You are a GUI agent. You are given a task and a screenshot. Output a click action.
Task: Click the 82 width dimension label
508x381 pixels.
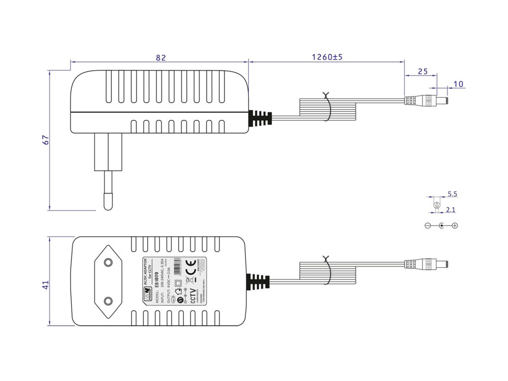coord(161,58)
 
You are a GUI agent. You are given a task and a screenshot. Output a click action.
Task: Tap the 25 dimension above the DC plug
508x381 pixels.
coord(422,72)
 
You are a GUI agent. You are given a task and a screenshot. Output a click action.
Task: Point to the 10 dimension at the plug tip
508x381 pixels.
coord(458,84)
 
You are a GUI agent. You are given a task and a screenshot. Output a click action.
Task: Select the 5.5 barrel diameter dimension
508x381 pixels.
coord(453,194)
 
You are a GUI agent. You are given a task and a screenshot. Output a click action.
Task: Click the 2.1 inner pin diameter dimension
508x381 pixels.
coord(450,209)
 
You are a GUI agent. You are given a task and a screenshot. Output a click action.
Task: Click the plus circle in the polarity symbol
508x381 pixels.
coord(455,226)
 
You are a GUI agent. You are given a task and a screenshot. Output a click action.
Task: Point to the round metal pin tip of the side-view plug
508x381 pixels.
coord(108,202)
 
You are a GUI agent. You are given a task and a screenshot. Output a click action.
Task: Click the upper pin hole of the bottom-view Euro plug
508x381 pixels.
coord(108,262)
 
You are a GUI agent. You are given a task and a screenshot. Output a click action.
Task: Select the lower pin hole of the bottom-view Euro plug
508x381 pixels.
coord(108,301)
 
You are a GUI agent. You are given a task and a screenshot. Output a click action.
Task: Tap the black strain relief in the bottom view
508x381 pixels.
coord(258,282)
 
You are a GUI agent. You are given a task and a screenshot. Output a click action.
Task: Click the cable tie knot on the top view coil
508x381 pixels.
coord(326,95)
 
